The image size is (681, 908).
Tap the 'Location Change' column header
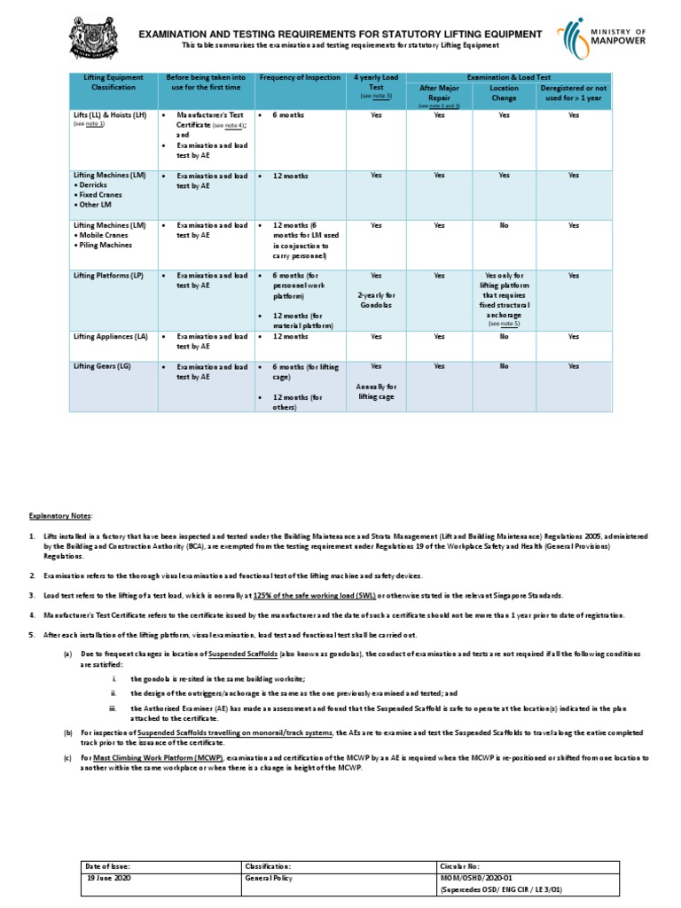504,93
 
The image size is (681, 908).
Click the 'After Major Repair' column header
439,93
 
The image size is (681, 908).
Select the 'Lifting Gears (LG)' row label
105,365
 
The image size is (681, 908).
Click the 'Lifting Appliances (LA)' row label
110,337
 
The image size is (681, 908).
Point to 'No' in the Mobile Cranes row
504,226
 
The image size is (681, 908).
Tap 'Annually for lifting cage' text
376,392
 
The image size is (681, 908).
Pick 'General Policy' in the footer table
271,877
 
